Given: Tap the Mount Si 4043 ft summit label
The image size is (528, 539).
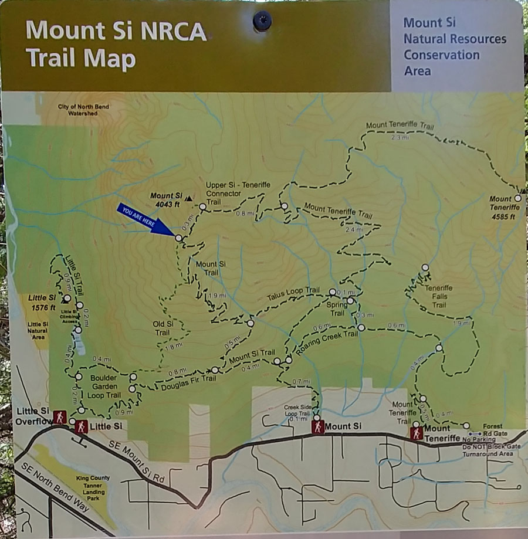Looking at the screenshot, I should coord(166,199).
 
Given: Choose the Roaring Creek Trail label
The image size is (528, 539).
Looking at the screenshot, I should coord(327,340).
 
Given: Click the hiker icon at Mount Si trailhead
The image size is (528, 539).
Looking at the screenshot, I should coord(317,428).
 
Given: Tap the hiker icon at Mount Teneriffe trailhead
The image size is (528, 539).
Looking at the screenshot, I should coord(417,433).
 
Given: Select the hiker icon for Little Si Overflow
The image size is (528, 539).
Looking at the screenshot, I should coord(59,418).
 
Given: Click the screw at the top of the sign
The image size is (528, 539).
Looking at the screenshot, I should coord(262,21).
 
